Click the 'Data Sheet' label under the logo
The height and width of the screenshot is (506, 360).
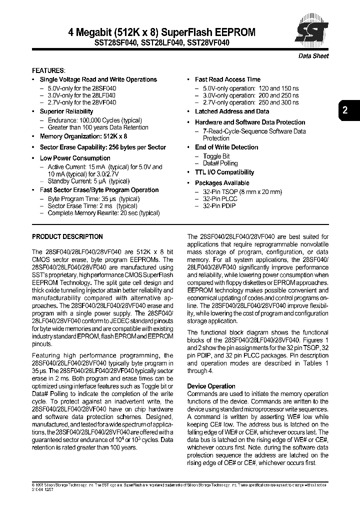coord(313,56)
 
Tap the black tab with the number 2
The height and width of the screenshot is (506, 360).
coord(345,111)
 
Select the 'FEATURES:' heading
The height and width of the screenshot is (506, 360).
coord(48,71)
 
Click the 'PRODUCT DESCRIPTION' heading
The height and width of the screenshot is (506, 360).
coord(67,236)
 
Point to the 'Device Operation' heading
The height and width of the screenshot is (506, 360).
coord(211,386)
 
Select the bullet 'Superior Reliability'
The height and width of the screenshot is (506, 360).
coord(66,111)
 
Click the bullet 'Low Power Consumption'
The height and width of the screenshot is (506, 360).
coord(75,158)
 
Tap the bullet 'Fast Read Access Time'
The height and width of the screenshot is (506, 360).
coord(227,79)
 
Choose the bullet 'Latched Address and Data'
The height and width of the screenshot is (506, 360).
coord(231,111)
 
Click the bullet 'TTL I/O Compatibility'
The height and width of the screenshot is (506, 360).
coord(224,172)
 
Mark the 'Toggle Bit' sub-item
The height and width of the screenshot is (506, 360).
coord(216,156)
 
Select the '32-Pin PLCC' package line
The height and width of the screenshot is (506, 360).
coord(220,198)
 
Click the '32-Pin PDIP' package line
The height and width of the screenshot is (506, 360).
coord(219,206)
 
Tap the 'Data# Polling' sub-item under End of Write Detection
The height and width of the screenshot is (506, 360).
coord(220,163)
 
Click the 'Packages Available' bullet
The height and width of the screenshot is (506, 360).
coord(221,183)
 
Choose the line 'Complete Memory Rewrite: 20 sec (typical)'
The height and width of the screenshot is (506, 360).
coord(103,213)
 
